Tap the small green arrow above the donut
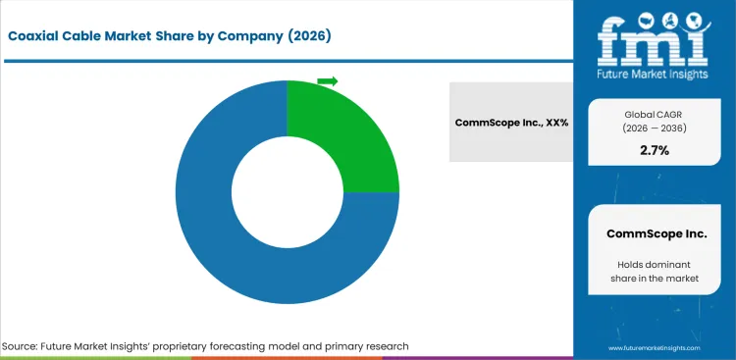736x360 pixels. [x=328, y=81]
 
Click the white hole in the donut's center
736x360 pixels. [x=287, y=192]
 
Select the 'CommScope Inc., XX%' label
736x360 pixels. [x=511, y=123]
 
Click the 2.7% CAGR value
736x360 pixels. [x=656, y=150]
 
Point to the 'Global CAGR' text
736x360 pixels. [x=656, y=113]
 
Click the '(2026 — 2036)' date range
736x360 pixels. [x=656, y=128]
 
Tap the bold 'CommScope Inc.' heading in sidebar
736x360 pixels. [x=656, y=233]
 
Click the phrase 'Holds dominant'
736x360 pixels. [x=656, y=264]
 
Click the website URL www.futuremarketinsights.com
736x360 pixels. [x=656, y=348]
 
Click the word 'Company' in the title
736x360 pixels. [x=244, y=36]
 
